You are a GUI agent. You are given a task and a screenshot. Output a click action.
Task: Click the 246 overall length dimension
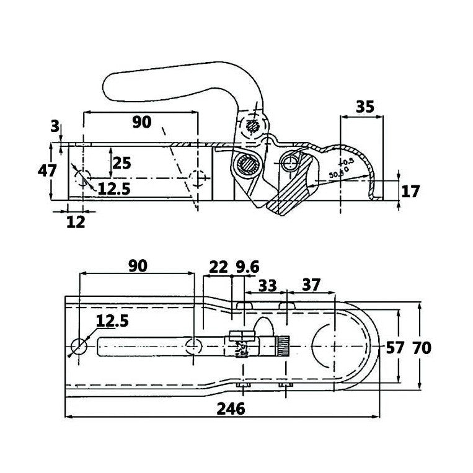pyautogui.click(x=231, y=408)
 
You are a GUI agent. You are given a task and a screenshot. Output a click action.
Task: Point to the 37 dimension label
pyautogui.click(x=312, y=285)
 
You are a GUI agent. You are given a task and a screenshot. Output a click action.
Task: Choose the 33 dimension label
pyautogui.click(x=267, y=285)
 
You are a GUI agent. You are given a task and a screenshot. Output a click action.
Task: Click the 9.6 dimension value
pyautogui.click(x=247, y=267)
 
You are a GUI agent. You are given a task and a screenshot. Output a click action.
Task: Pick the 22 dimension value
pyautogui.click(x=218, y=267)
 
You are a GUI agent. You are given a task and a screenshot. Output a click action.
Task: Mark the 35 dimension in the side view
pyautogui.click(x=365, y=106)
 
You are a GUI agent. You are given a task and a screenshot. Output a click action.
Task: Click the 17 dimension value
pyautogui.click(x=410, y=191)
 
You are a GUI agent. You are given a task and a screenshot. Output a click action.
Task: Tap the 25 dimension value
pyautogui.click(x=122, y=163)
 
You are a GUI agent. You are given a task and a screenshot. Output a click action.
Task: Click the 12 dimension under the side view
pyautogui.click(x=74, y=221)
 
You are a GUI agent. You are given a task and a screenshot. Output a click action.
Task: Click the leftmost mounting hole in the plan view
pyautogui.click(x=79, y=346)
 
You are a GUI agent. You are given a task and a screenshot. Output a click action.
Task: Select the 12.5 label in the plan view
pyautogui.click(x=113, y=321)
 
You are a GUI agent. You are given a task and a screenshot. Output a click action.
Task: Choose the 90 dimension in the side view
pyautogui.click(x=141, y=122)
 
